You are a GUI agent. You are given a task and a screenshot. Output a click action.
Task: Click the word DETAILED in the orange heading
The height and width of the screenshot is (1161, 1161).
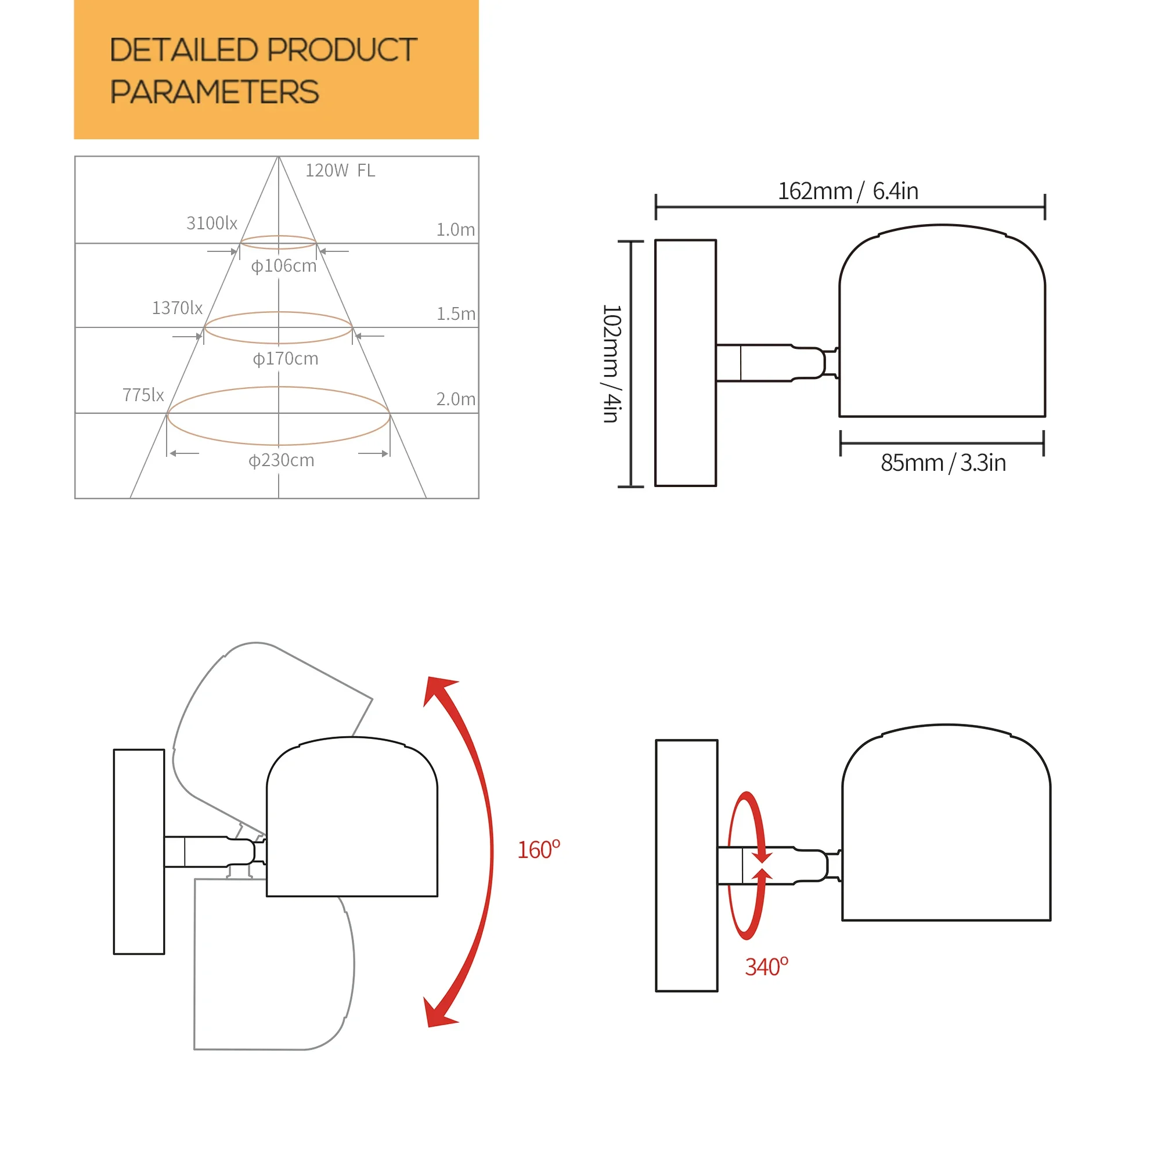(x=183, y=50)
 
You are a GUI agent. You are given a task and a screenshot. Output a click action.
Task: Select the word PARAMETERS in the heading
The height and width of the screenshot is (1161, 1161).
(x=214, y=92)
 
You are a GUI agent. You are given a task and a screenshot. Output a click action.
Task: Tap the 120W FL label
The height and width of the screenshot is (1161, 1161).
(x=340, y=171)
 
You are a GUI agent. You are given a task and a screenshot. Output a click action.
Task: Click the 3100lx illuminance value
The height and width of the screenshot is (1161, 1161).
(x=211, y=223)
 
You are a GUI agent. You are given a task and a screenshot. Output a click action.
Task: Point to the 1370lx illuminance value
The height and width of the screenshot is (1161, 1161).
(x=176, y=308)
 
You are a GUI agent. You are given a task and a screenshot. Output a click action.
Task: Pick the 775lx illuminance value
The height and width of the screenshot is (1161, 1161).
(x=143, y=395)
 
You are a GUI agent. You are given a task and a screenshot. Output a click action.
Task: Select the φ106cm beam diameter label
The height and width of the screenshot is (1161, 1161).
(x=284, y=266)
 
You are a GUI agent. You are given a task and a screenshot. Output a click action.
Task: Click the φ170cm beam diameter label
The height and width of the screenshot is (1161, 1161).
(x=286, y=359)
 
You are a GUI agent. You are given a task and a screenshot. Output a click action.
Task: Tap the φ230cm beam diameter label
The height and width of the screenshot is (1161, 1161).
(x=281, y=460)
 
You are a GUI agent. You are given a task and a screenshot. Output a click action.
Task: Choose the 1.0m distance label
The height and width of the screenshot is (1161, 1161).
(x=455, y=229)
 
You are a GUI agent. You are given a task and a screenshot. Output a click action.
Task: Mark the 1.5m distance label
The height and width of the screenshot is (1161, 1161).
(x=456, y=313)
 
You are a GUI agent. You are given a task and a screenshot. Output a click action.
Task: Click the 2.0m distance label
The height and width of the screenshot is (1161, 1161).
(x=456, y=399)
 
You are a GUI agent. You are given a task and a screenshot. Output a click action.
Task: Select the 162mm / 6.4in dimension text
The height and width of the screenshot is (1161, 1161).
(x=848, y=191)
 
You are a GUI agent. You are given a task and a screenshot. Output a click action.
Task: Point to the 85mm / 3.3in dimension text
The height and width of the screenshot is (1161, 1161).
(x=943, y=463)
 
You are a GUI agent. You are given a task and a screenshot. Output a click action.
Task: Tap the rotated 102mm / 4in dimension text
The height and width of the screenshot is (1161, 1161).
(x=611, y=363)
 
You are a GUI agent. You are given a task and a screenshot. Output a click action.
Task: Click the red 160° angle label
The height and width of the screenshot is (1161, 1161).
(x=539, y=850)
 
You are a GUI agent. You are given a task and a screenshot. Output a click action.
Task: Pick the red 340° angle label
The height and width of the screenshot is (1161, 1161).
(x=766, y=967)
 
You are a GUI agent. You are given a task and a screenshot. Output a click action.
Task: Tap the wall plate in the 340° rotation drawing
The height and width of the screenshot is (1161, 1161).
(x=686, y=866)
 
